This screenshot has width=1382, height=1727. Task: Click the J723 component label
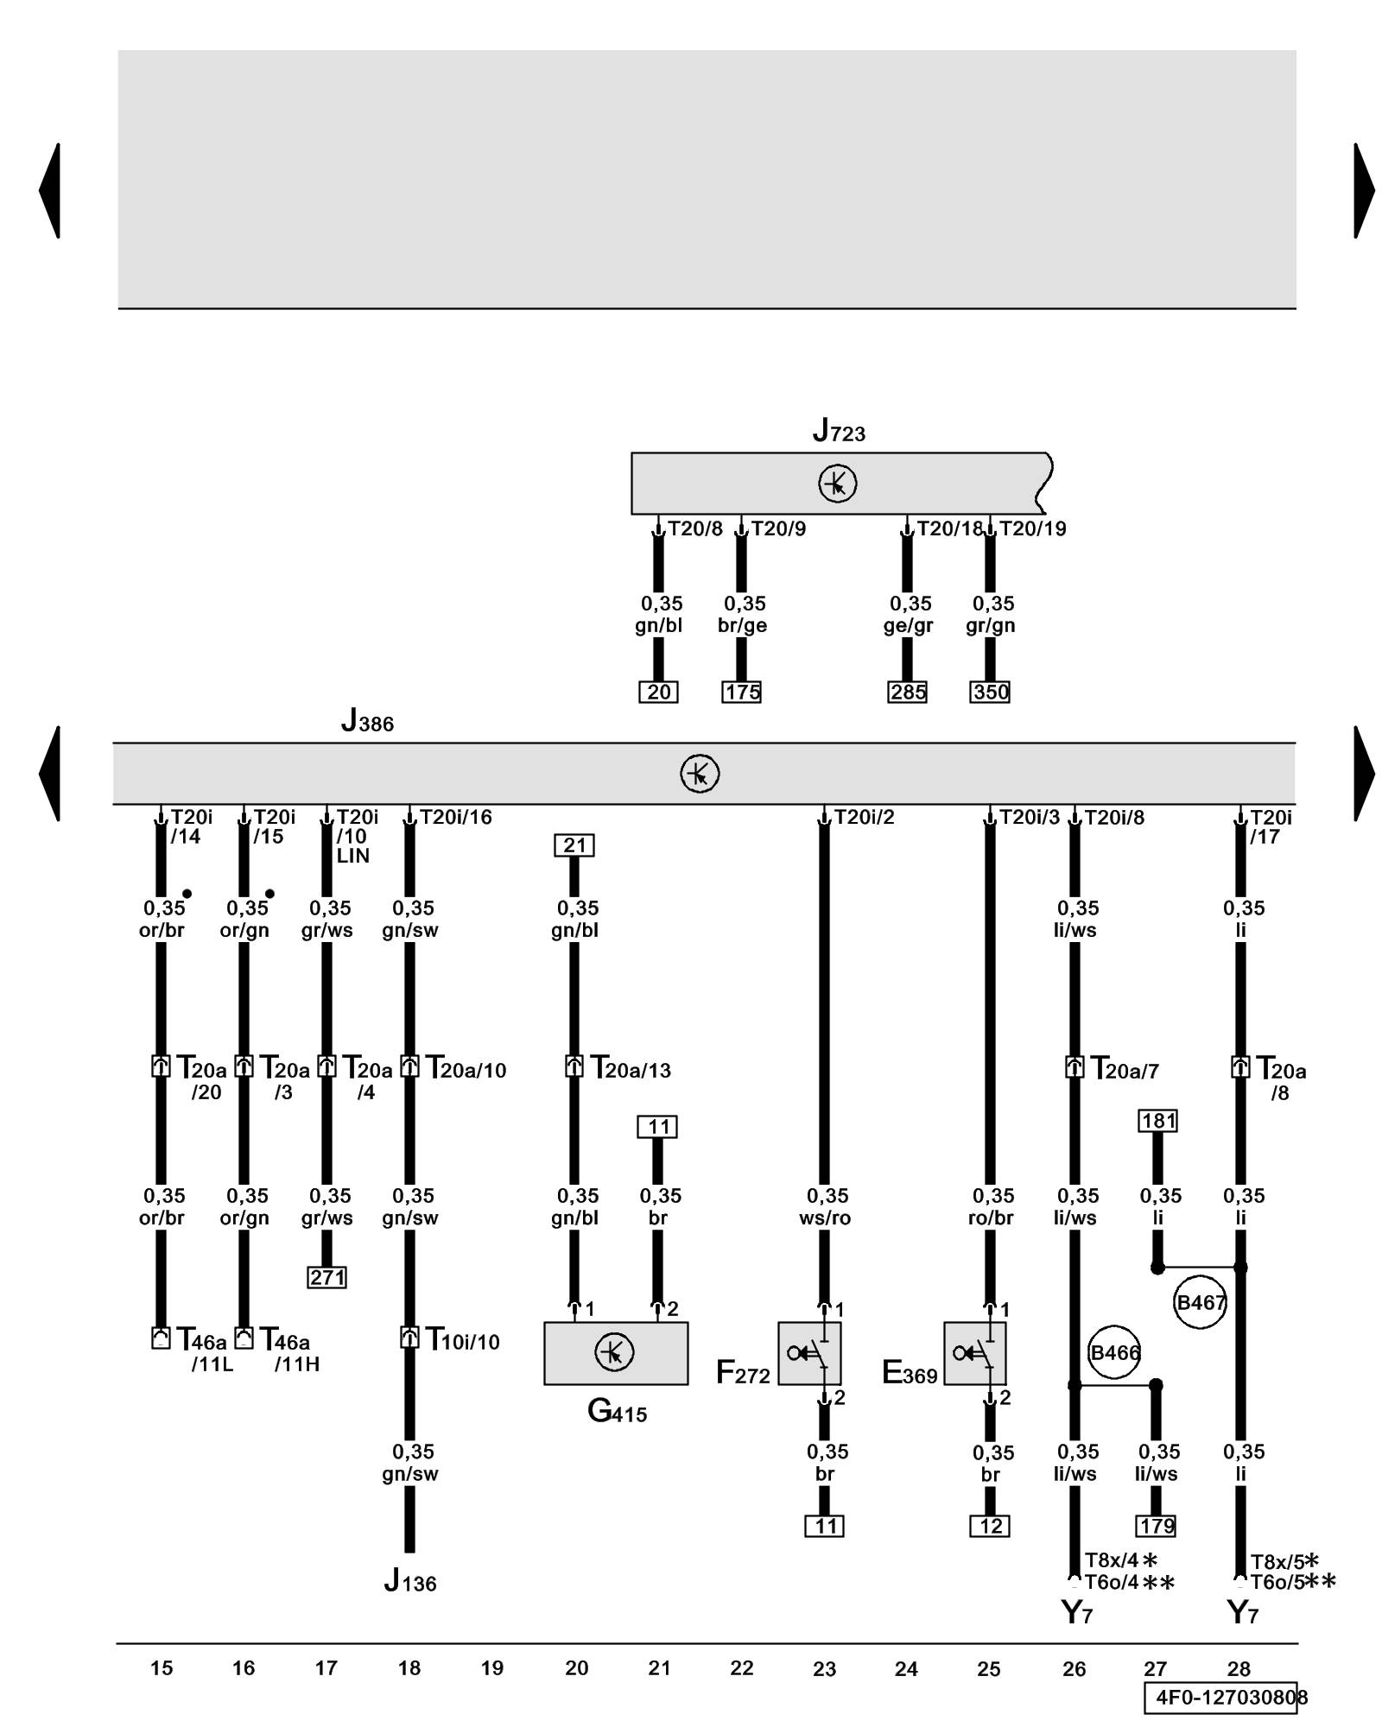click(839, 431)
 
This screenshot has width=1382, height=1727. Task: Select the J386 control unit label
click(367, 721)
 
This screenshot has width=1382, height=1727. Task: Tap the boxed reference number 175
click(742, 692)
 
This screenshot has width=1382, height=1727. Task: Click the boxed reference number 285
click(907, 692)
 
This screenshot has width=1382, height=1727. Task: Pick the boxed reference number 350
click(990, 692)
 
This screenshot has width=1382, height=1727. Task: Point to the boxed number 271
click(326, 1277)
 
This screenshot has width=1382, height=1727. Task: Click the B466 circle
click(1114, 1352)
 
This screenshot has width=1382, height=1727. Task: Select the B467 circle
click(1200, 1302)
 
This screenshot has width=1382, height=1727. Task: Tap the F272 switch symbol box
click(809, 1353)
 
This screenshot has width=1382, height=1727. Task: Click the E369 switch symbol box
click(975, 1353)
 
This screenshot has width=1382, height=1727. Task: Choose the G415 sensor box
click(616, 1353)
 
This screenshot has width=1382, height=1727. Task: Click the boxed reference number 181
click(1158, 1121)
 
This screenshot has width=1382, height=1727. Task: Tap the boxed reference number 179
click(1157, 1526)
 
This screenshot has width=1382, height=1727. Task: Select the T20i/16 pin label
click(455, 817)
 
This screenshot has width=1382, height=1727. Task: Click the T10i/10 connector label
click(463, 1340)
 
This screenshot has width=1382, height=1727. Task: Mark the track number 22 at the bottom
click(742, 1668)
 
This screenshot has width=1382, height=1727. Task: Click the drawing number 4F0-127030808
click(1226, 1698)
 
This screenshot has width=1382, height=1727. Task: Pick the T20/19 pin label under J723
click(1032, 528)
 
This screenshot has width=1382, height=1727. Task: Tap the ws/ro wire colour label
click(825, 1218)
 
